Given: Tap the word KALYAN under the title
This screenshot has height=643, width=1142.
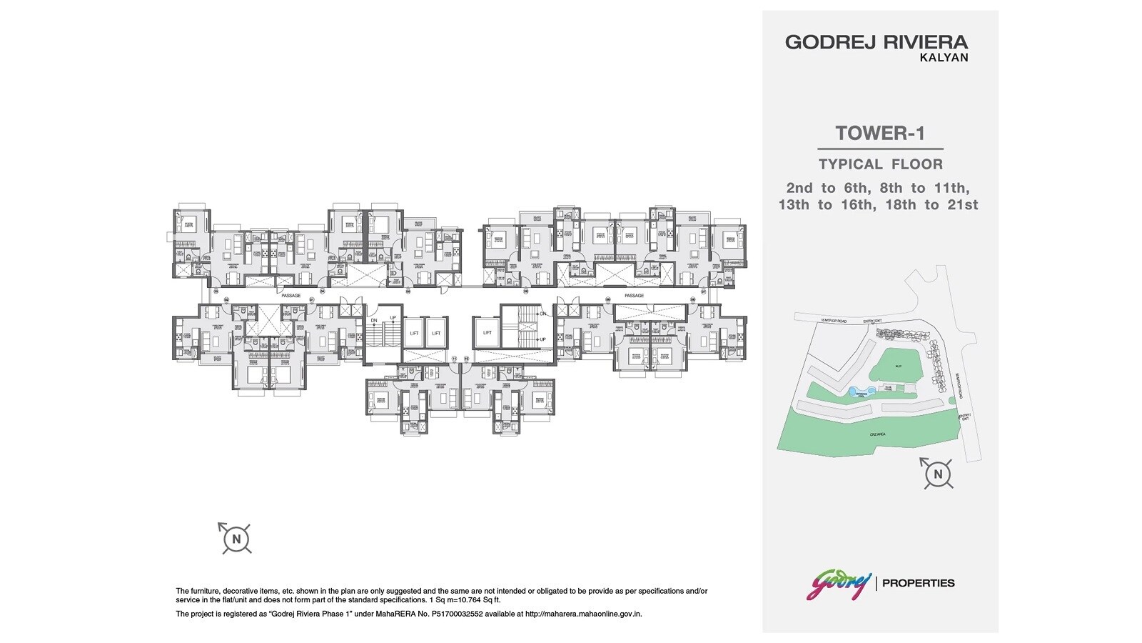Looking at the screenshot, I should point(946,58).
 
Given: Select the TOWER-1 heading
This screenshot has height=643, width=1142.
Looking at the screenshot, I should point(879,134).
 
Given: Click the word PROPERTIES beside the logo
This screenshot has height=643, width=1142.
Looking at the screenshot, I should point(919,583).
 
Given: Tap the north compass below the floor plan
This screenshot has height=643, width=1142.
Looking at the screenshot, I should point(236,538).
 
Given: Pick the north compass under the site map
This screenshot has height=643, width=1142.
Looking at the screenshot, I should point(938,474).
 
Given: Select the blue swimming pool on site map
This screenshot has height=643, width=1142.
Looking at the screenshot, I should point(854,392).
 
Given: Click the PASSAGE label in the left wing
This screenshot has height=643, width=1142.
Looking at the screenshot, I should point(291,295).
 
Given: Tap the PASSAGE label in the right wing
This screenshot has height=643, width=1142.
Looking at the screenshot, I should point(634,295).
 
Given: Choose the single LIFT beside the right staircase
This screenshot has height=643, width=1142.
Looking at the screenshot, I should point(487,333).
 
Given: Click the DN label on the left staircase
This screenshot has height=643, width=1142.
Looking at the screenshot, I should point(373,321).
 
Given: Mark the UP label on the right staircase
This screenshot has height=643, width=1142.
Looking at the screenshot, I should point(543,339).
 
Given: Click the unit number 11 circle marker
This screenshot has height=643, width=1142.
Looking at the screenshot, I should point(454,359).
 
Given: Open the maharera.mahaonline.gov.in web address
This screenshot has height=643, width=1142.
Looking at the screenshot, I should point(583,614).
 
